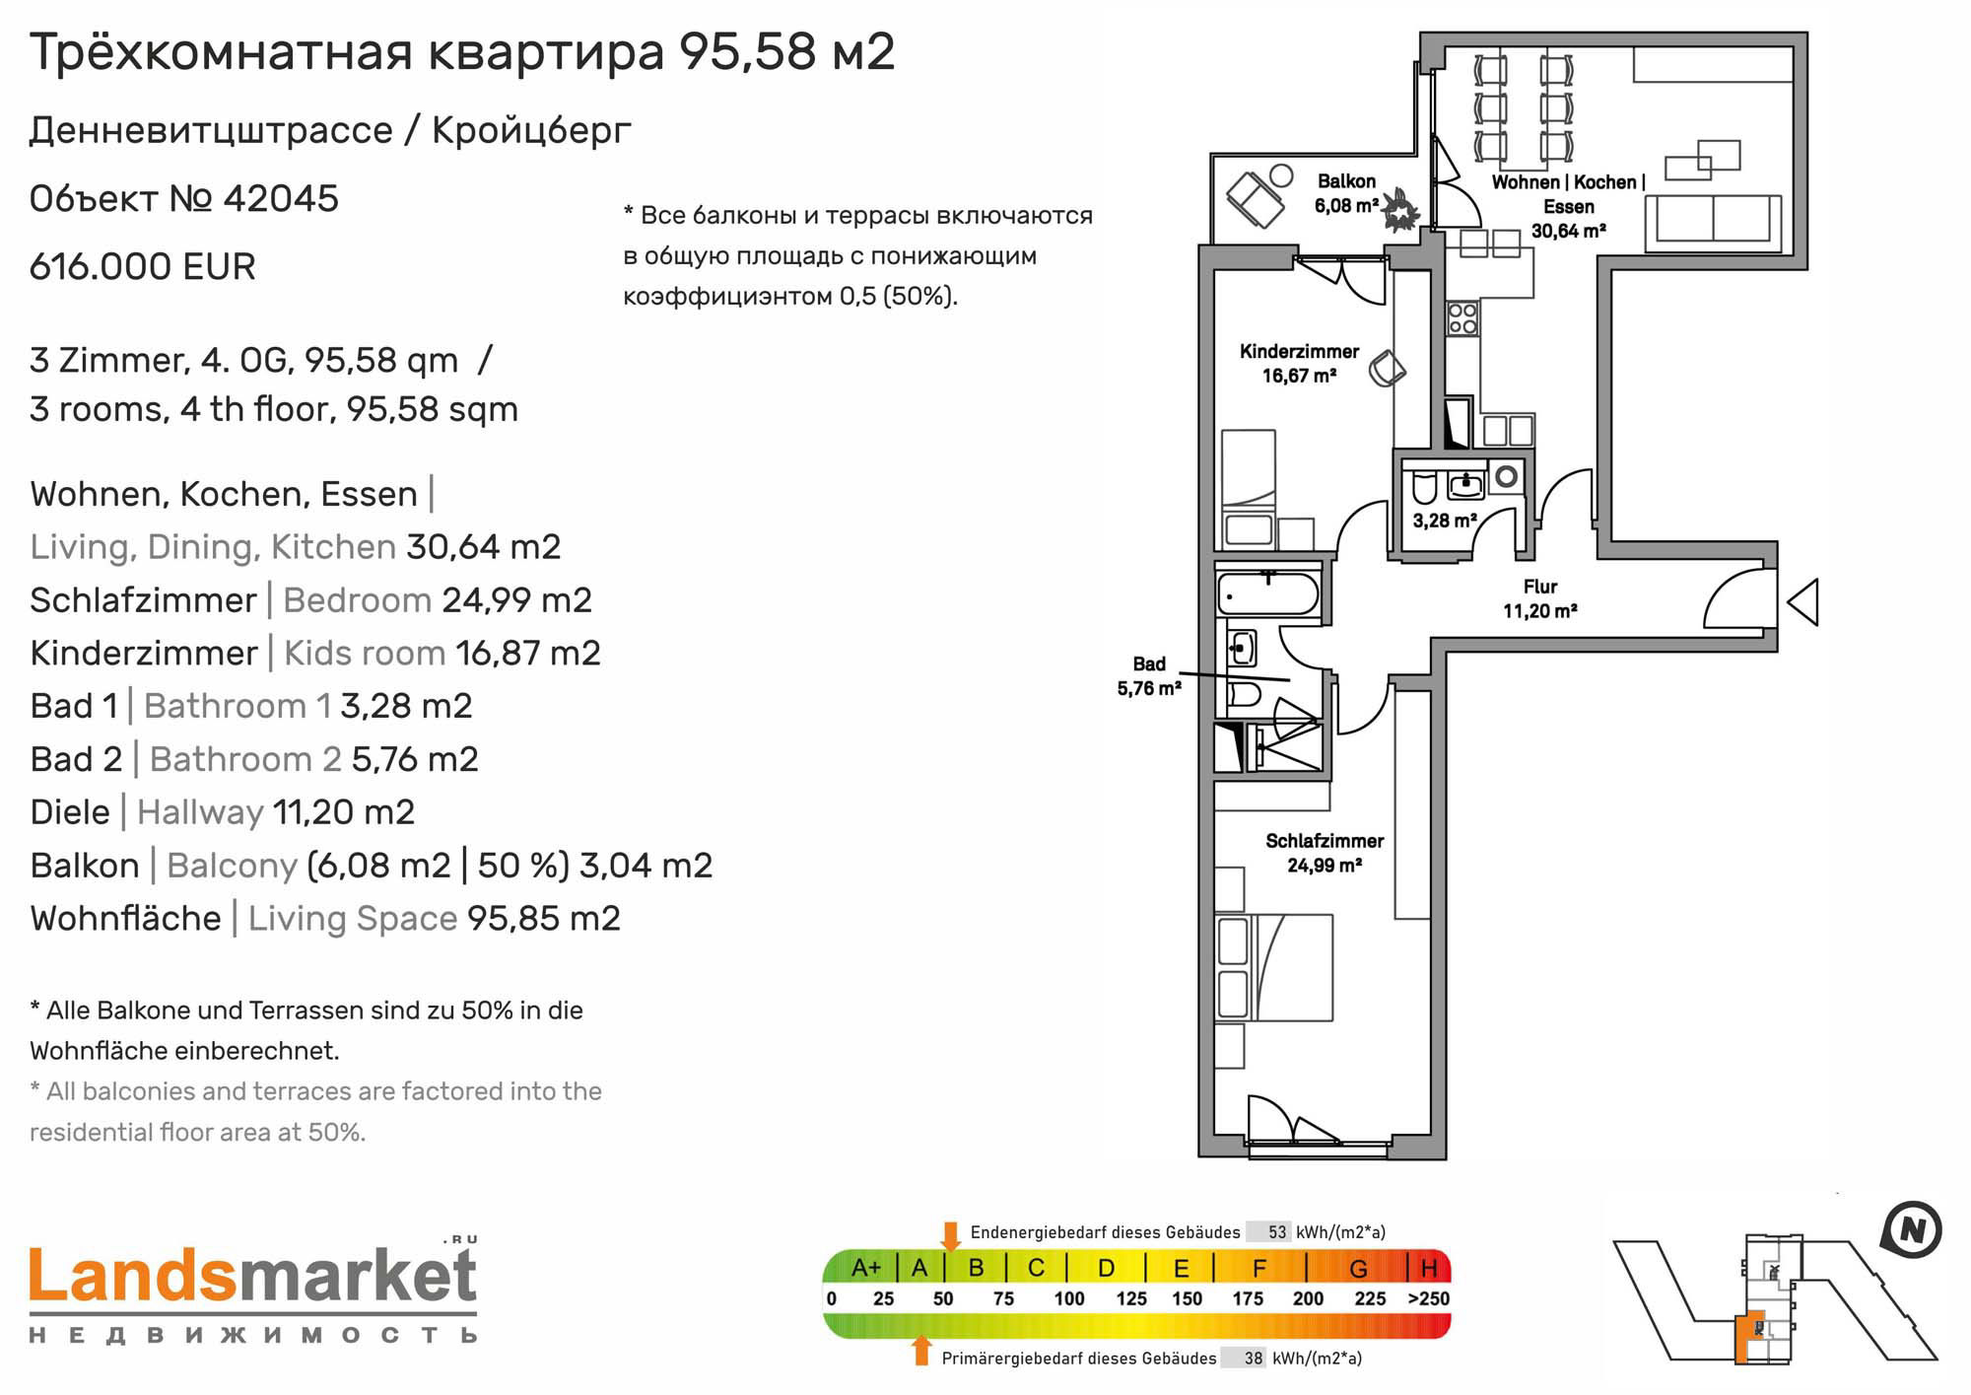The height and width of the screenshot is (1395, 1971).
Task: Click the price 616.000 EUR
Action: [x=143, y=266]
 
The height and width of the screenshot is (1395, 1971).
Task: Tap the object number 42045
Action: [x=281, y=198]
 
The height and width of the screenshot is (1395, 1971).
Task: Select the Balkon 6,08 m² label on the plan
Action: [x=1346, y=193]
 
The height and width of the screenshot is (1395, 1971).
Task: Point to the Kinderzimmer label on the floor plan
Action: [x=1299, y=363]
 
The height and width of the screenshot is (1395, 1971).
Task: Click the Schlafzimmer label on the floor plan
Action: [x=1325, y=853]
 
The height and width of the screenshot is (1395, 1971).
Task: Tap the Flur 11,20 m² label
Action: [x=1539, y=598]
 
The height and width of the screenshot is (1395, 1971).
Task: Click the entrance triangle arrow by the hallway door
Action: [x=1802, y=601]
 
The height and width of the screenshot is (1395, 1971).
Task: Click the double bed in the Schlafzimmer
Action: [x=1274, y=967]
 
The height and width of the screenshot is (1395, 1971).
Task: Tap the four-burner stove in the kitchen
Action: [x=1462, y=318]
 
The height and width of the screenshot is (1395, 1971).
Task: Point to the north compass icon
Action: [x=1911, y=1230]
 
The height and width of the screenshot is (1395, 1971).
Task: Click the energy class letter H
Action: [x=1429, y=1267]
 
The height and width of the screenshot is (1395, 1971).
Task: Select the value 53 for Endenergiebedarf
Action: [x=1277, y=1232]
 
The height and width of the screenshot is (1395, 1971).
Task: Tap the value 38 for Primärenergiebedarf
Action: [x=1253, y=1359]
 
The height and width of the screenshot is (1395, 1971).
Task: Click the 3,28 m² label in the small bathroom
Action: [x=1445, y=520]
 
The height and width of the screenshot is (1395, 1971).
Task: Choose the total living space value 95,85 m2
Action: [x=544, y=919]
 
